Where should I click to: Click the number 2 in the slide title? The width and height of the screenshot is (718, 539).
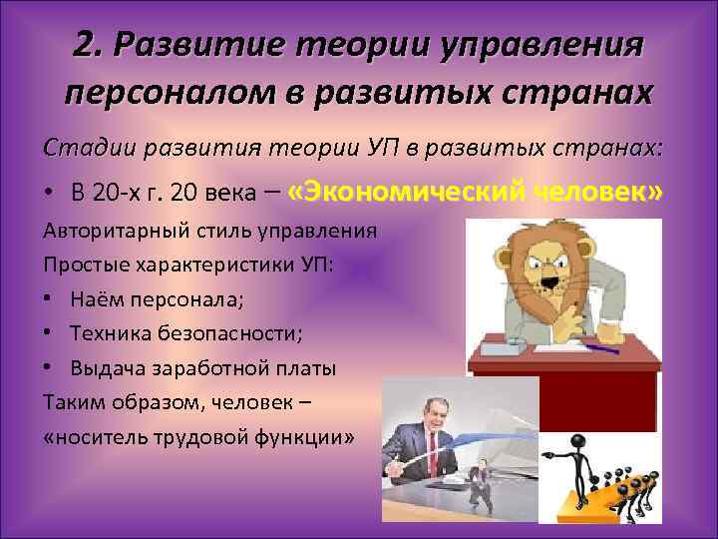[85, 44]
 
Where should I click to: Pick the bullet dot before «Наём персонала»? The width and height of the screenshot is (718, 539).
[51, 298]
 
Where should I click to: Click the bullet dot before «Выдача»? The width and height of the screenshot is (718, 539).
[51, 368]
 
